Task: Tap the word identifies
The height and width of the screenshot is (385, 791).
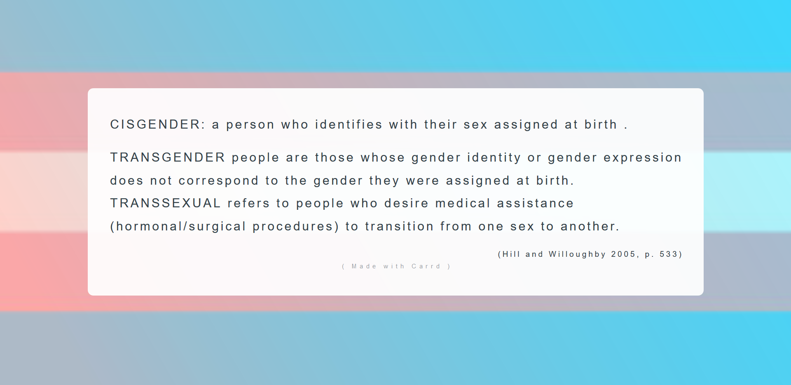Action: click(x=349, y=124)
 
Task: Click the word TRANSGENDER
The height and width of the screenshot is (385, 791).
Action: click(x=167, y=157)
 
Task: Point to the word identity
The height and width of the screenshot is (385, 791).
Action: click(x=494, y=158)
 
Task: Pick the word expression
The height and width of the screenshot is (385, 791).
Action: click(x=642, y=158)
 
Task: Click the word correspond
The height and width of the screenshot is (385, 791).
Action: click(x=218, y=181)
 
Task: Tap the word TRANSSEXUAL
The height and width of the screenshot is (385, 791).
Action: click(x=166, y=203)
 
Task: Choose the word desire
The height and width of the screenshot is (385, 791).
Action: click(x=406, y=203)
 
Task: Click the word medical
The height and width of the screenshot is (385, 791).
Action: click(x=463, y=203)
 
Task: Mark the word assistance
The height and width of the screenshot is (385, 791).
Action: click(x=535, y=203)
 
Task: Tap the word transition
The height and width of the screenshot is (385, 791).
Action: click(x=399, y=226)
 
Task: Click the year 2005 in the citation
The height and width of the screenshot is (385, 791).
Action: click(x=623, y=254)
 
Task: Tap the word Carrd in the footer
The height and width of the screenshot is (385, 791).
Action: click(x=426, y=266)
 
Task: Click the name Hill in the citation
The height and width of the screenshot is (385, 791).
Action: click(x=511, y=254)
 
